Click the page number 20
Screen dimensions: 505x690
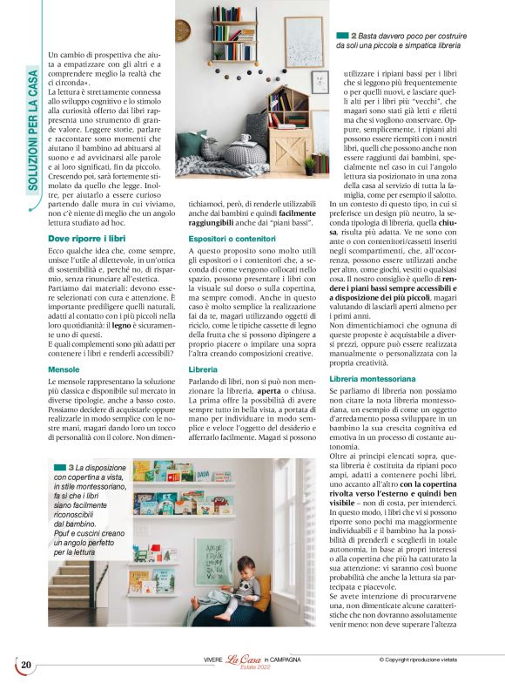coord(26,666)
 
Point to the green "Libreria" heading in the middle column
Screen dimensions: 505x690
coord(203,369)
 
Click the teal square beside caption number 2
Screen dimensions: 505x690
coord(342,35)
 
